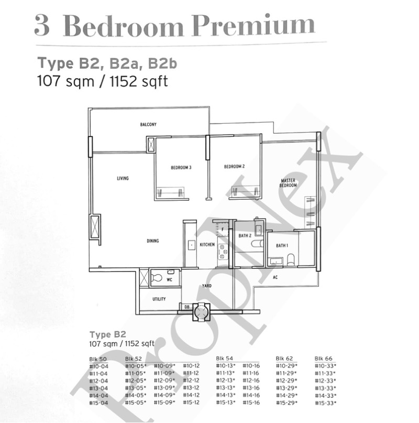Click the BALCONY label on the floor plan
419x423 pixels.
click(x=148, y=124)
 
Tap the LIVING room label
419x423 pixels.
click(x=123, y=178)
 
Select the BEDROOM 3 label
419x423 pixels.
click(x=181, y=168)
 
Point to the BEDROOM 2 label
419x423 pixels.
click(x=234, y=167)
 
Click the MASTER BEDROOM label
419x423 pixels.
click(x=288, y=183)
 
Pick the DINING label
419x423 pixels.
click(x=152, y=241)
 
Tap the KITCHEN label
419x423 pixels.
click(x=207, y=244)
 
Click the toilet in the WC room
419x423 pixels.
click(x=157, y=277)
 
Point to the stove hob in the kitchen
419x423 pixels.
click(x=223, y=252)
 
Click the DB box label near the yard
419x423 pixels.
click(x=187, y=307)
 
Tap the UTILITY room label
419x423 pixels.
click(x=159, y=299)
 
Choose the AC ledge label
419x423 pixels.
click(x=275, y=277)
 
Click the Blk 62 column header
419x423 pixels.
click(x=284, y=359)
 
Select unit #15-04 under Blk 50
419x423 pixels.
click(x=98, y=403)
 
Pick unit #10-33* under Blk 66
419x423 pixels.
click(x=325, y=366)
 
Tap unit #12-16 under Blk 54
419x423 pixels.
click(x=251, y=381)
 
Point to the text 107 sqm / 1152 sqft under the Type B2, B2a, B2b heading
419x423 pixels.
click(x=103, y=81)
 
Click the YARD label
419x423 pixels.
click(x=207, y=286)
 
